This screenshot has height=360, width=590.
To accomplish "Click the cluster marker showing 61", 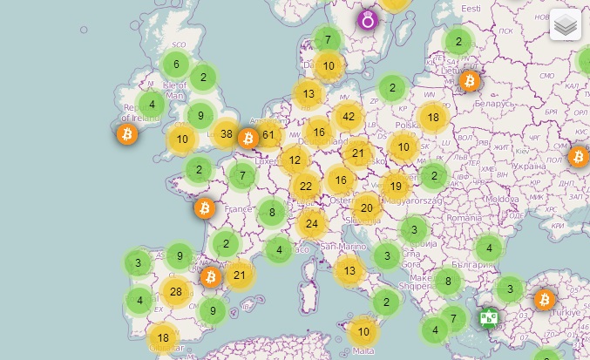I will [268, 134].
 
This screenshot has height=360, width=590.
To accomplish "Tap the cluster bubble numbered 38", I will [227, 134].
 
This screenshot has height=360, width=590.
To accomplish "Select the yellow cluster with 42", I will [349, 116].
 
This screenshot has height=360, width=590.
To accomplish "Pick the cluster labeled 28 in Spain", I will [176, 291].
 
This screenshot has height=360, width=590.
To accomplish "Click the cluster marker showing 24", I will [311, 223].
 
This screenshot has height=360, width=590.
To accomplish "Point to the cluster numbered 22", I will [306, 186].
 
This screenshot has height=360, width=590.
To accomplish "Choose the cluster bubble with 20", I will [367, 207].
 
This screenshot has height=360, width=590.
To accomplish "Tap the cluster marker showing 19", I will [396, 186].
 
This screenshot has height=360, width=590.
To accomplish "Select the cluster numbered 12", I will [295, 160].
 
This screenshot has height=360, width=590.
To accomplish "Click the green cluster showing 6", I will [176, 64].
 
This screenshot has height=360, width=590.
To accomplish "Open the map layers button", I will [565, 25].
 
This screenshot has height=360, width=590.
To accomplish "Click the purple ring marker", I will [368, 19].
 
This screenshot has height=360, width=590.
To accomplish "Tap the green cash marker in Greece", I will [489, 317].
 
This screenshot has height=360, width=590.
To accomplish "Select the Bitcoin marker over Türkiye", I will [546, 300].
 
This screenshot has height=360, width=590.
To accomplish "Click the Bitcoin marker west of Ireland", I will [127, 134].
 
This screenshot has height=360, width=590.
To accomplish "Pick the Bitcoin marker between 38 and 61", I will [248, 138].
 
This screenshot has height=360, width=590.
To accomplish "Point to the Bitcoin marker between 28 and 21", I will [210, 277].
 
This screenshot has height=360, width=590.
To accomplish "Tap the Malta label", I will [363, 350].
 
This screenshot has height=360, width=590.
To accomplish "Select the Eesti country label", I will [471, 8].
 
